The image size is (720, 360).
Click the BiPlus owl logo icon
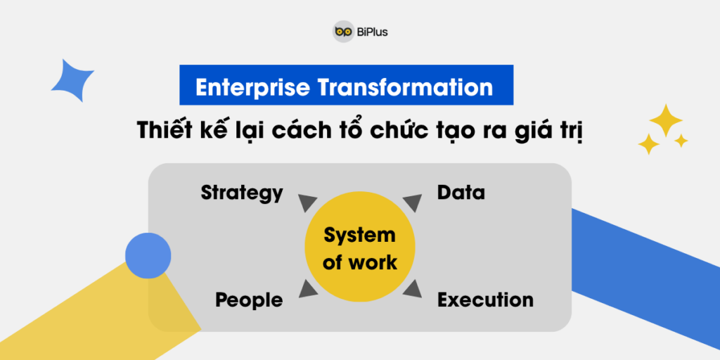[x=343, y=32]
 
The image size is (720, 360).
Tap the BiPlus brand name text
[x=372, y=32]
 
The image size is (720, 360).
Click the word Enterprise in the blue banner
[x=252, y=86]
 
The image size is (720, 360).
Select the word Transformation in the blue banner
[x=404, y=86]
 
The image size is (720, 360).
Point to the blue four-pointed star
[x=72, y=80]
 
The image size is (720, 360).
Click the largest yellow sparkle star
[x=666, y=120]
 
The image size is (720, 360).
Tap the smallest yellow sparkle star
[x=681, y=141]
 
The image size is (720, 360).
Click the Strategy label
[x=242, y=193]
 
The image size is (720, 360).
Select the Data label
[x=461, y=193]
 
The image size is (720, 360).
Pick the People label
[x=249, y=300]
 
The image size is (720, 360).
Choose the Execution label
[x=485, y=300]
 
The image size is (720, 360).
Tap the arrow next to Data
[x=413, y=202]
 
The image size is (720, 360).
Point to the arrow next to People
[x=307, y=289]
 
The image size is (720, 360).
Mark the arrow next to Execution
[x=412, y=289]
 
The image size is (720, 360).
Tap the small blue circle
[x=148, y=255]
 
